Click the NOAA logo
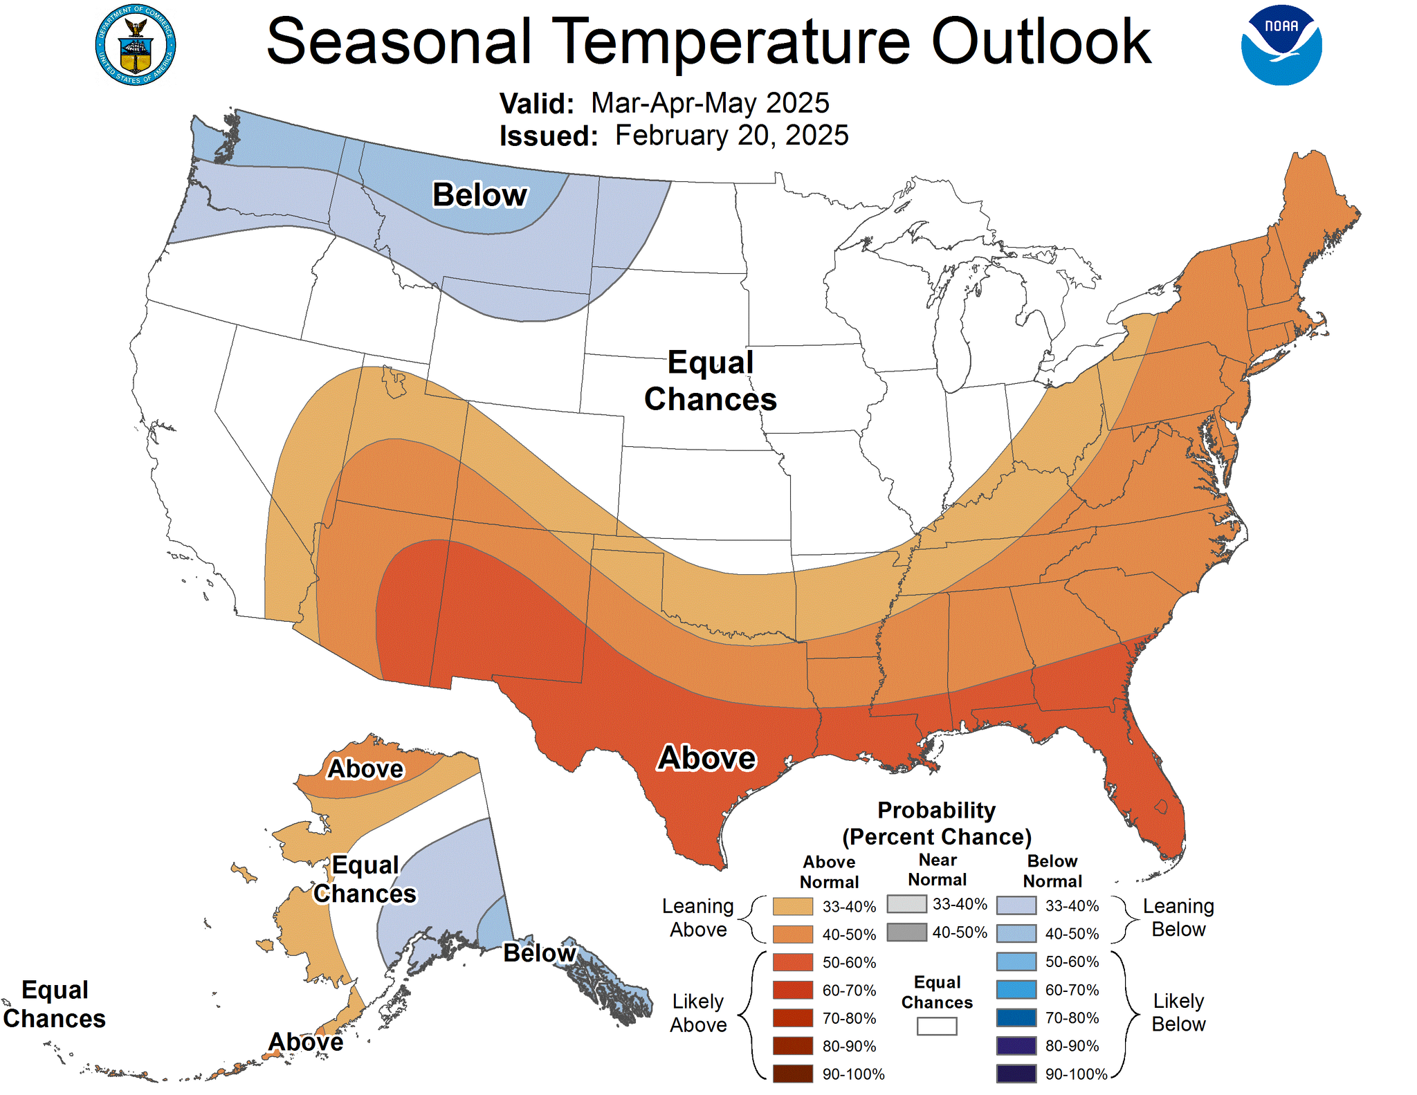pyautogui.click(x=1281, y=46)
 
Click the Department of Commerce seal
pyautogui.click(x=136, y=46)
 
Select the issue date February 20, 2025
pyautogui.click(x=731, y=136)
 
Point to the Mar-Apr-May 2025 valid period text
pyautogui.click(x=709, y=103)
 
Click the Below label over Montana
pyautogui.click(x=479, y=194)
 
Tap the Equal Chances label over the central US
pyautogui.click(x=711, y=381)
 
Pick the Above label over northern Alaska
pyautogui.click(x=365, y=769)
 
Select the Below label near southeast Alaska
pyautogui.click(x=539, y=953)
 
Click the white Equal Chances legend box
pyautogui.click(x=936, y=1026)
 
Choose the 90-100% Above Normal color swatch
pyautogui.click(x=792, y=1074)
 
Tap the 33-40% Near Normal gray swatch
pyautogui.click(x=906, y=904)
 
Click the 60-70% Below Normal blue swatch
pyautogui.click(x=1016, y=990)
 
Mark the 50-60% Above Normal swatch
pyautogui.click(x=792, y=962)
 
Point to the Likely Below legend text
pyautogui.click(x=1178, y=1012)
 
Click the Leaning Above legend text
pyautogui.click(x=697, y=917)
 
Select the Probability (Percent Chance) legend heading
pyautogui.click(x=936, y=823)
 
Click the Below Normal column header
pyautogui.click(x=1052, y=871)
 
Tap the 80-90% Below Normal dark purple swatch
pyautogui.click(x=1016, y=1046)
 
